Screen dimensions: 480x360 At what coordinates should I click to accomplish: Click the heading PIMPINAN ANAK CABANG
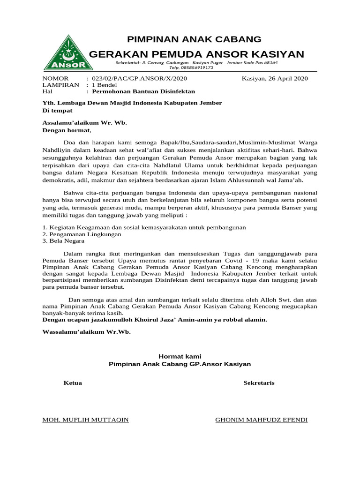[x=195, y=39]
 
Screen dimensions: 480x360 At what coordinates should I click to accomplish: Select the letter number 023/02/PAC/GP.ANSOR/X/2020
[x=139, y=78]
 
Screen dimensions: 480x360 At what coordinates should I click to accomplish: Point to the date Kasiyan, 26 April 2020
[x=275, y=78]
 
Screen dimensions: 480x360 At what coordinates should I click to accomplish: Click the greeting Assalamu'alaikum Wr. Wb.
[x=85, y=123]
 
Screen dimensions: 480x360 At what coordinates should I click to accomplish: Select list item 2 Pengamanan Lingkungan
[x=82, y=234]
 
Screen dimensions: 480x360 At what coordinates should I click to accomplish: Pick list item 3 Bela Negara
[x=64, y=240]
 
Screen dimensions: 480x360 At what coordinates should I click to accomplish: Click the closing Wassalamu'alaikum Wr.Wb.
[x=87, y=332]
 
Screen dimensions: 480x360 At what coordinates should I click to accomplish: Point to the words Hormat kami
[x=180, y=357]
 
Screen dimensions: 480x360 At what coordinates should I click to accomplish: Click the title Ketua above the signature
[x=73, y=383]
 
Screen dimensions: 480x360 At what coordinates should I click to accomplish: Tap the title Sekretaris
[x=259, y=383]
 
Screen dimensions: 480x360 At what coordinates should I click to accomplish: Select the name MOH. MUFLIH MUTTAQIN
[x=86, y=420]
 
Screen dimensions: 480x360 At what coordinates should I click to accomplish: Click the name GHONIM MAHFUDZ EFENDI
[x=261, y=420]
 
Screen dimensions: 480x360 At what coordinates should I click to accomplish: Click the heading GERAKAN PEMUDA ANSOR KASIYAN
[x=196, y=54]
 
